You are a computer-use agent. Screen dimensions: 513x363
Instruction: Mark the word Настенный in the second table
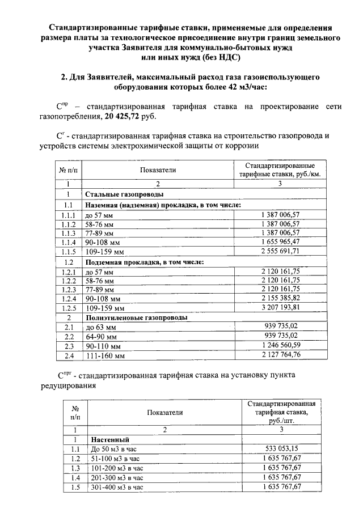pyautogui.click(x=110, y=439)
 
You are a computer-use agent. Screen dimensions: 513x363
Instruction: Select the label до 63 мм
pyautogui.click(x=100, y=327)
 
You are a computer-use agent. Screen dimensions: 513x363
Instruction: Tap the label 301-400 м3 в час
pyautogui.click(x=117, y=487)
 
